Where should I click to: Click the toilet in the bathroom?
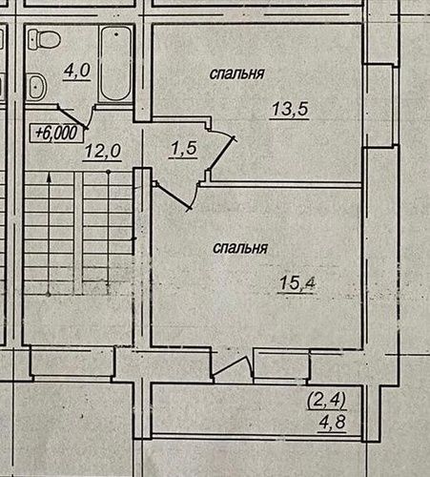pos(44,39)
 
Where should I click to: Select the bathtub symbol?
pos(115,63)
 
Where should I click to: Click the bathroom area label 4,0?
pos(77,71)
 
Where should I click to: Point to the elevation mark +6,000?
pos(57,133)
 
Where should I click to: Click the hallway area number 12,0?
pos(102,151)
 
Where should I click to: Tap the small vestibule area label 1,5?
pos(183,149)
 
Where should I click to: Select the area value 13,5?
pos(290,109)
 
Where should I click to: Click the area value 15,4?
pos(297,283)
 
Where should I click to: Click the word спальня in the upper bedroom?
pos(237,73)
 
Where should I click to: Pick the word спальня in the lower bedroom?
pos(240,248)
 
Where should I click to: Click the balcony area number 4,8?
pos(333,423)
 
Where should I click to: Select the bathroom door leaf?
pos(72,117)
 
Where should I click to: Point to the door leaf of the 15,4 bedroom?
pos(173,197)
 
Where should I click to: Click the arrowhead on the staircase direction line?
pos(50,177)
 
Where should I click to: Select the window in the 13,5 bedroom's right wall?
pos(380,106)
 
